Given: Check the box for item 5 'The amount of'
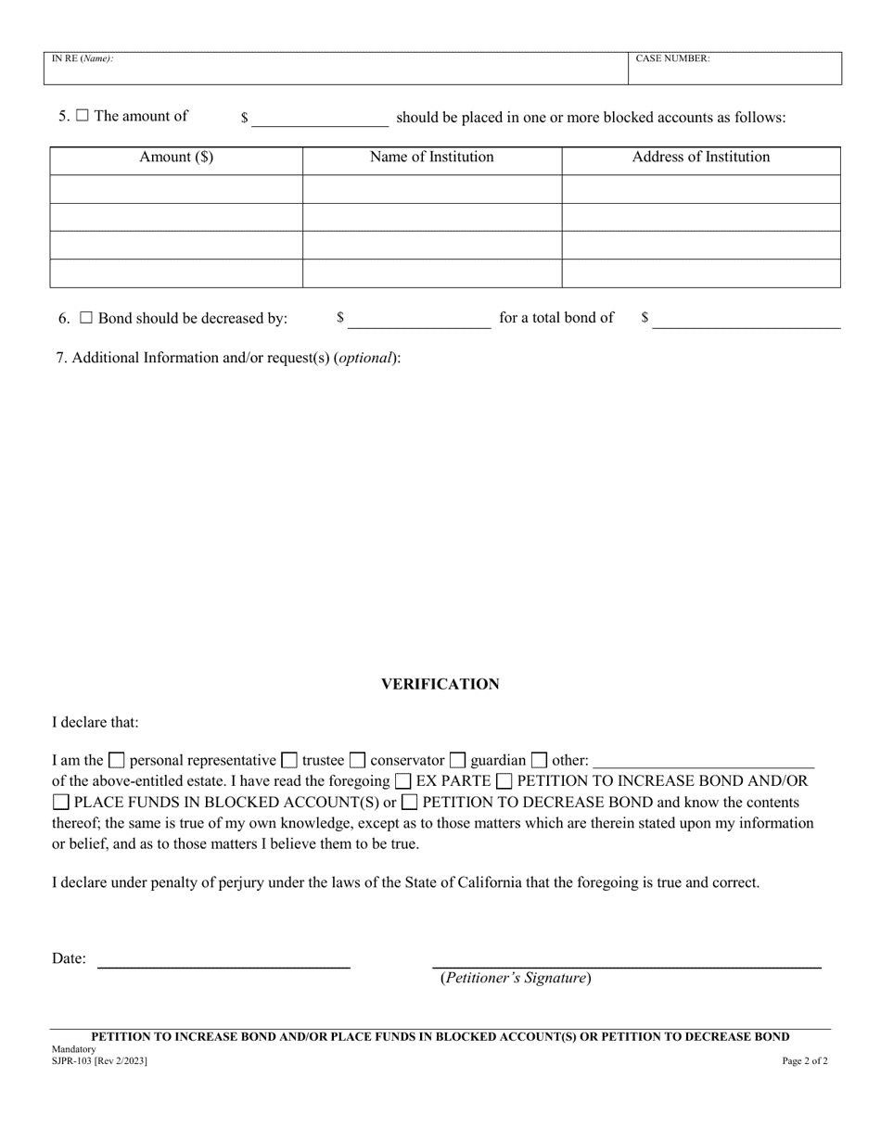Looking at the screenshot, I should pyautogui.click(x=83, y=117).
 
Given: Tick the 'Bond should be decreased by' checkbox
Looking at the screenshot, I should pyautogui.click(x=86, y=318).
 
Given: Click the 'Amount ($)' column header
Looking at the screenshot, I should pyautogui.click(x=176, y=158).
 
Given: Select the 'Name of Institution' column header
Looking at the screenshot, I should pyautogui.click(x=431, y=158).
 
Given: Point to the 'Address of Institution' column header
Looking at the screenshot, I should pyautogui.click(x=700, y=158).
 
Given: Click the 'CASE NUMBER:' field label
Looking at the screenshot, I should pyautogui.click(x=672, y=58).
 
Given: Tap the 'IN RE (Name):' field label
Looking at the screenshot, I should pyautogui.click(x=83, y=58).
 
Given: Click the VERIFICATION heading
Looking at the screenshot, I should pyautogui.click(x=440, y=684).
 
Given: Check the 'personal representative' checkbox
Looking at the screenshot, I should pyautogui.click(x=117, y=761).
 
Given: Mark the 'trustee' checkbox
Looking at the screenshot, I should pyautogui.click(x=289, y=761).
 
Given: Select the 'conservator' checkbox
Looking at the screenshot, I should pyautogui.click(x=357, y=761).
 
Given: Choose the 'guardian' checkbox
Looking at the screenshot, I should pyautogui.click(x=458, y=761).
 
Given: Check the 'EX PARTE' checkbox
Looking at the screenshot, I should pyautogui.click(x=403, y=781).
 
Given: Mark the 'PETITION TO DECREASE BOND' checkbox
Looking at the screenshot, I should pyautogui.click(x=409, y=803).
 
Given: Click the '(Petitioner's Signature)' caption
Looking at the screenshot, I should pyautogui.click(x=515, y=978).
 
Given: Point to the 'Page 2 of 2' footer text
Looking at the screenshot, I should pyautogui.click(x=805, y=1061).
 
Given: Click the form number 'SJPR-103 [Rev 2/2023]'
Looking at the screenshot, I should pyautogui.click(x=99, y=1061).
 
